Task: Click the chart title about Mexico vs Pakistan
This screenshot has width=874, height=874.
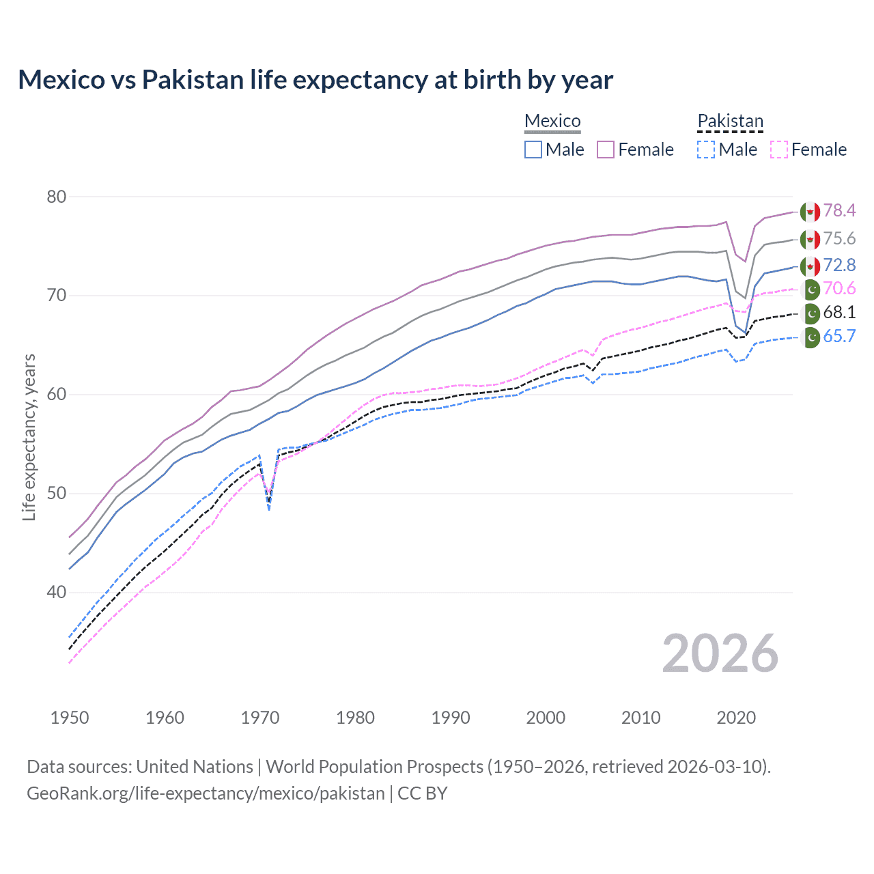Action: click(315, 80)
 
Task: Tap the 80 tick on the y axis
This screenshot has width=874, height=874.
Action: click(57, 197)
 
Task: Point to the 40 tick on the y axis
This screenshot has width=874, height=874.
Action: click(57, 592)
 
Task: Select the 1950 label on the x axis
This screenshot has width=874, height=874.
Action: click(70, 718)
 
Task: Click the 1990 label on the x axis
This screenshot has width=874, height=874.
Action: click(451, 718)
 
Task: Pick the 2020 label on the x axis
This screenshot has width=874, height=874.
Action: click(736, 718)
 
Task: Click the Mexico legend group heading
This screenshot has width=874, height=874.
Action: click(552, 121)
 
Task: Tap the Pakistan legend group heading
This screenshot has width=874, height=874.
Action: click(730, 121)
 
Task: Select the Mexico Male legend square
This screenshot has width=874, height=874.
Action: click(533, 150)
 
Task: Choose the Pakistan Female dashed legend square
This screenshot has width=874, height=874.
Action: click(778, 150)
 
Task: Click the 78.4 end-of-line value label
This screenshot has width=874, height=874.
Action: click(839, 210)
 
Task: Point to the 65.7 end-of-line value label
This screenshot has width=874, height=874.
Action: click(839, 336)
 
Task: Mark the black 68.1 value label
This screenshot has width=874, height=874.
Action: click(839, 313)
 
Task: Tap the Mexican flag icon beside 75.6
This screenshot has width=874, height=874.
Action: click(810, 240)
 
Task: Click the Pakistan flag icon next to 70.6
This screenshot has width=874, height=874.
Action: click(810, 290)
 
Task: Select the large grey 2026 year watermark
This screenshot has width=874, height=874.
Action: click(720, 653)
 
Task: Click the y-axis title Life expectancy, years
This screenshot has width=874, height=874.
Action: click(29, 437)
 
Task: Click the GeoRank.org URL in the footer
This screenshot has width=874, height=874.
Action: click(206, 793)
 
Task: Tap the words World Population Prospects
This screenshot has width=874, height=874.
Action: click(374, 767)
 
